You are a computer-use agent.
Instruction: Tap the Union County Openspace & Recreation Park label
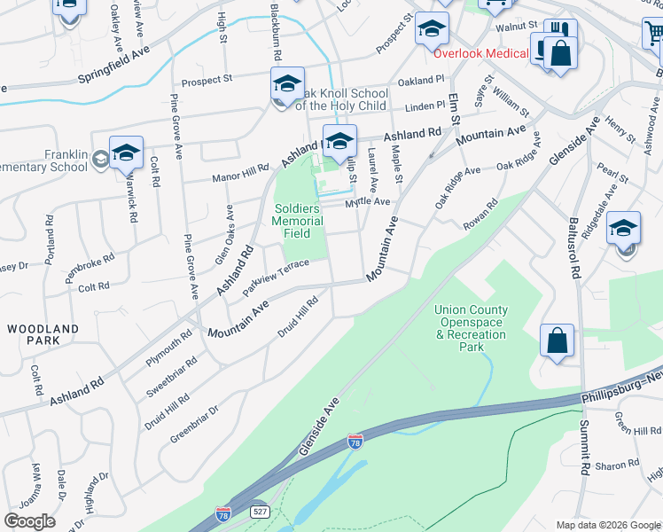[471, 328]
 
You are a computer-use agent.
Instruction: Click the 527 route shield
[260, 512]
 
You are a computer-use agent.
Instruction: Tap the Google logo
[29, 520]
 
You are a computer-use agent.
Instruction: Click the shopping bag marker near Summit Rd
[557, 340]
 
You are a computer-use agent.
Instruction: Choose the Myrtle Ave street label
[368, 202]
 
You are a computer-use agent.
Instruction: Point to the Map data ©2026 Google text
[607, 525]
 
